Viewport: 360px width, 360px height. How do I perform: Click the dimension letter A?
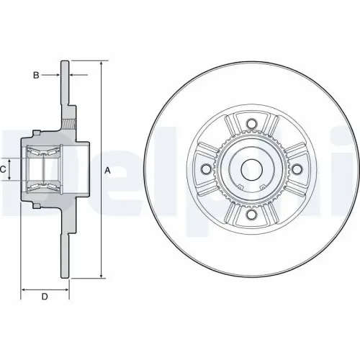[107, 170]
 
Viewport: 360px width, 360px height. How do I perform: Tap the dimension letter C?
[4, 169]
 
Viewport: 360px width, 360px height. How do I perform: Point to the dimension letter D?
[44, 297]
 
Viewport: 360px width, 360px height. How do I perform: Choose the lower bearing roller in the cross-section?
[42, 188]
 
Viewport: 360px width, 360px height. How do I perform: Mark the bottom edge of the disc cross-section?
[66, 277]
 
